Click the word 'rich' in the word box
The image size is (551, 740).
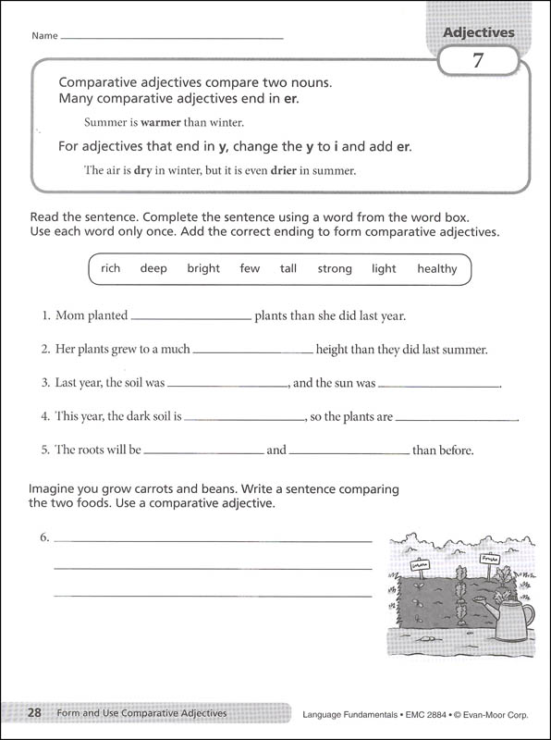click(x=111, y=269)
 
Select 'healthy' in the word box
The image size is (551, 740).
click(x=436, y=269)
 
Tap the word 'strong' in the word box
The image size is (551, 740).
click(x=335, y=269)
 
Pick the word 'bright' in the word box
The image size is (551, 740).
click(x=203, y=269)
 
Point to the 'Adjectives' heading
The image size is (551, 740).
click(x=478, y=32)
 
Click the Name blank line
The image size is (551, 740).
click(x=172, y=37)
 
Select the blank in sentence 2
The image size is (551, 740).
click(x=253, y=352)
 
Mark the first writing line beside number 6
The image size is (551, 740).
click(x=213, y=539)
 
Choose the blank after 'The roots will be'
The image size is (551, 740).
click(x=204, y=453)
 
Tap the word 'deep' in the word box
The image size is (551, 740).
click(x=153, y=269)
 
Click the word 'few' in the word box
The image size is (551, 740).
click(x=250, y=269)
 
